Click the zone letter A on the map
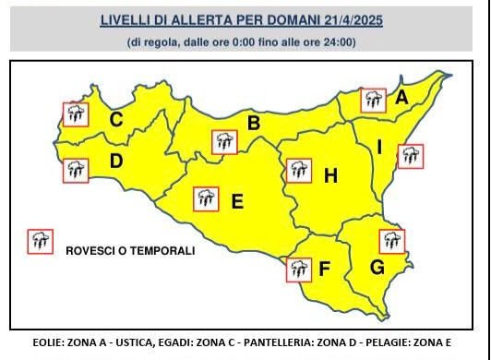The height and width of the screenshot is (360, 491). point(402,96)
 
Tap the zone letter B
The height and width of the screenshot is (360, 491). point(254,123)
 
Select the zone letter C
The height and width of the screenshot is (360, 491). point(116,119)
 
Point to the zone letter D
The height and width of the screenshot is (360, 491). point(116,162)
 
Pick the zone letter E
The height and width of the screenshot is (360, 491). point(236,201)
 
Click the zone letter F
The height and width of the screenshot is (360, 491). point(324,270)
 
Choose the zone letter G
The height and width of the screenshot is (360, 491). point(377,269)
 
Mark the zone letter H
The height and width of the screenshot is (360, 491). point(330,174)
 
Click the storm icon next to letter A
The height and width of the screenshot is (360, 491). point(373,100)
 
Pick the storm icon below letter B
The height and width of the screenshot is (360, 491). point(223,142)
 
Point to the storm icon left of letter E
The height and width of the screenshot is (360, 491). point(205,198)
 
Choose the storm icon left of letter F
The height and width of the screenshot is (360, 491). point(298,270)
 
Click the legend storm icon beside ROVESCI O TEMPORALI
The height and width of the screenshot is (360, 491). point(40,242)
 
